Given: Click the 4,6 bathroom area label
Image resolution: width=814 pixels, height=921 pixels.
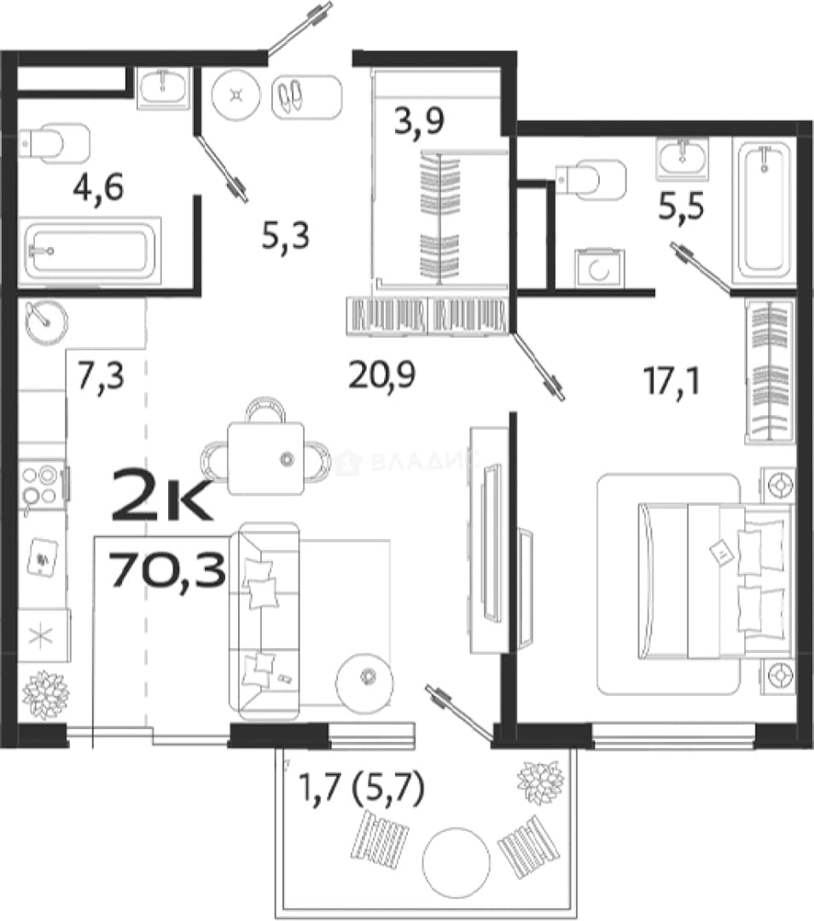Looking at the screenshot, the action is pos(98,188).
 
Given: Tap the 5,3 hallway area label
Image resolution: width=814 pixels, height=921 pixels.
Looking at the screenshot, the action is pos(286,237).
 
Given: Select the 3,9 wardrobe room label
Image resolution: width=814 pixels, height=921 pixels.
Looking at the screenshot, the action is pos(419,122).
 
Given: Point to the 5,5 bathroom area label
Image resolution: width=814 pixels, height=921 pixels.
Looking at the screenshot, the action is pos(681,206).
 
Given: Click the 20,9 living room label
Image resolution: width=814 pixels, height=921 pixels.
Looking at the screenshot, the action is pos(382,374).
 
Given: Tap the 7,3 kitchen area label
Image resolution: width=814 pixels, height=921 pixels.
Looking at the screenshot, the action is pos(101,376).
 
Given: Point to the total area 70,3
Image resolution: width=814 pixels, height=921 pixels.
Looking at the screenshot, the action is pos(168,571).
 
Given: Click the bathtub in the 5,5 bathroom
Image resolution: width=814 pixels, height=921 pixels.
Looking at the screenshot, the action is pos(764,211).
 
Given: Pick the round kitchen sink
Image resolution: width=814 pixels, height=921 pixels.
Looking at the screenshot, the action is pos(46,321).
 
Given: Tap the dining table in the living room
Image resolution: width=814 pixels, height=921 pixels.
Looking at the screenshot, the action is pos(266,459).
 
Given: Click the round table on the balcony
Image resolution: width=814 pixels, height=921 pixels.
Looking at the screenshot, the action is pos(456,862).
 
